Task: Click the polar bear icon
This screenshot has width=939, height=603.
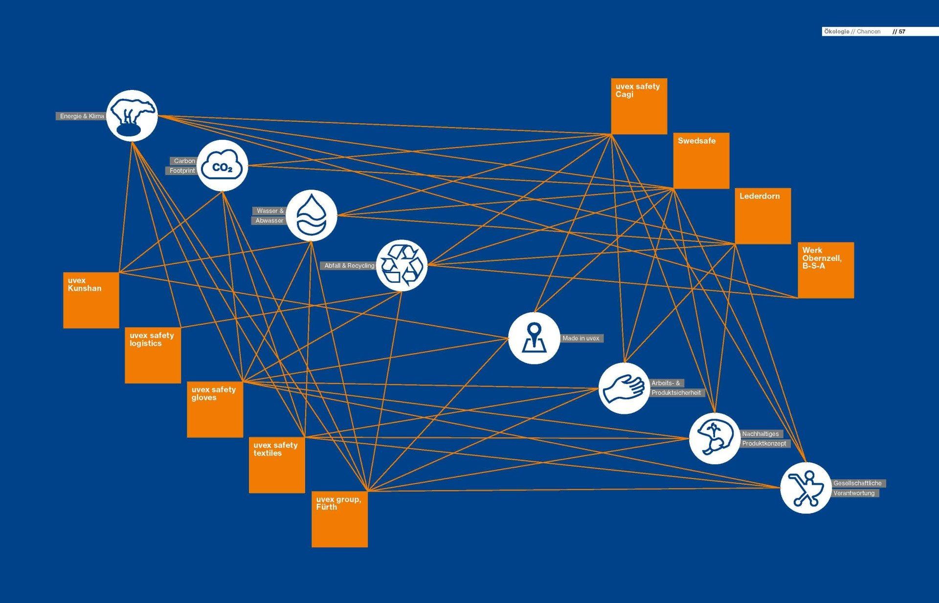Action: pos(132,116)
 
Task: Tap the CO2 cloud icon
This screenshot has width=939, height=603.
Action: pos(223,166)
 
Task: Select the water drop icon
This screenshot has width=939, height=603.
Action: pos(312,215)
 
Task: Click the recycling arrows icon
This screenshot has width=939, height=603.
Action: pos(402,265)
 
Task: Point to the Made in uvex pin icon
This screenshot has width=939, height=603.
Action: pos(534,338)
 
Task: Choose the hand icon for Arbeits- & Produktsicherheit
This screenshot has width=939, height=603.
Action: pos(625,388)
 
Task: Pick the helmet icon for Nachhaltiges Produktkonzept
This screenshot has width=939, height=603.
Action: pos(715,438)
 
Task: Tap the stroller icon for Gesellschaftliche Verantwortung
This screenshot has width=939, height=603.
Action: pos(806,488)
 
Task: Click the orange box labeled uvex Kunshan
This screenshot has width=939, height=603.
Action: pos(91,300)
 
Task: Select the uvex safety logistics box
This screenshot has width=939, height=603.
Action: pos(153,355)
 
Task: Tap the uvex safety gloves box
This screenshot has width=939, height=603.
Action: pos(215,409)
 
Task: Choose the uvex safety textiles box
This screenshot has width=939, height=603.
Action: pos(277,465)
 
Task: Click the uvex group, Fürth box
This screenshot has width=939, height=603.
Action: pos(339,519)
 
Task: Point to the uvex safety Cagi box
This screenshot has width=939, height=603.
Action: pos(639,107)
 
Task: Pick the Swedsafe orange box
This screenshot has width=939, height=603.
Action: pos(701,161)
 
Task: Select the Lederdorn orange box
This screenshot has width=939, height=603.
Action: pos(763,216)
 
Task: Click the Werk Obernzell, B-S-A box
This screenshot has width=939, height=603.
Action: pos(826,270)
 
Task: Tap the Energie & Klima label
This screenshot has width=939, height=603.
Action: pos(82,116)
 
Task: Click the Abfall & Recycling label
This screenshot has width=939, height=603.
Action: pos(349,266)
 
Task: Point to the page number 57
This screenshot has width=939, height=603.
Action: pos(902,31)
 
